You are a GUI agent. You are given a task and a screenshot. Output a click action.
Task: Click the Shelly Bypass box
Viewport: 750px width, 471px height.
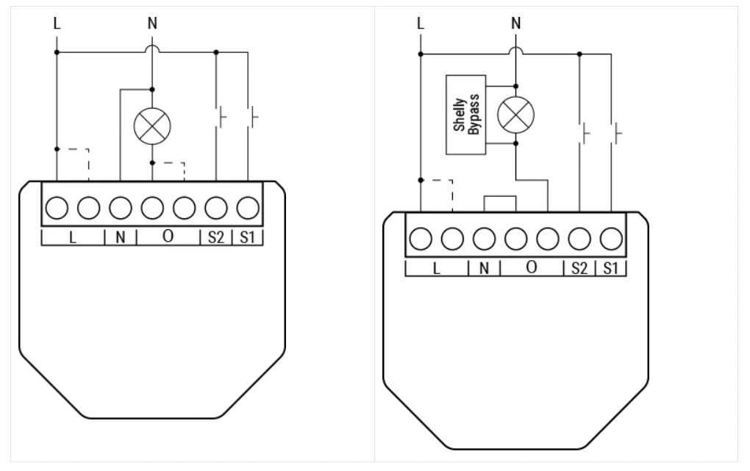tap(466, 115)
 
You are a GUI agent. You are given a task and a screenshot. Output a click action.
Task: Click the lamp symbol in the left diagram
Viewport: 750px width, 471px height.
tap(152, 126)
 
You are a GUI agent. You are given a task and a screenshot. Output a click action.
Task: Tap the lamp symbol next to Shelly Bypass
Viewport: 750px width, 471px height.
tap(515, 115)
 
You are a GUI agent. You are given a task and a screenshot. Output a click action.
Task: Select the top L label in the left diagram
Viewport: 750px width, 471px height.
tap(57, 23)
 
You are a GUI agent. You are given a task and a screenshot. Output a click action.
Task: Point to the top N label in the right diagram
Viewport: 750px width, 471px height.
tap(515, 23)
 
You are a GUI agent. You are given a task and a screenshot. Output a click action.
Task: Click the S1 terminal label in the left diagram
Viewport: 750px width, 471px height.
tap(247, 237)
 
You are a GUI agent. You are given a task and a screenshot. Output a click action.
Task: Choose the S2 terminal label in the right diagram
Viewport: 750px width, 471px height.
tap(579, 268)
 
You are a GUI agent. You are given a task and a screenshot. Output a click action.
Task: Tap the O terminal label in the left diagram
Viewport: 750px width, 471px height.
tap(168, 236)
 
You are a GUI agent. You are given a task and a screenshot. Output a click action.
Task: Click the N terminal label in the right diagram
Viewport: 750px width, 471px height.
tap(484, 268)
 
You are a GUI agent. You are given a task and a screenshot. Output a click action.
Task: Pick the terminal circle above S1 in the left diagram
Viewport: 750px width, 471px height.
tap(248, 208)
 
